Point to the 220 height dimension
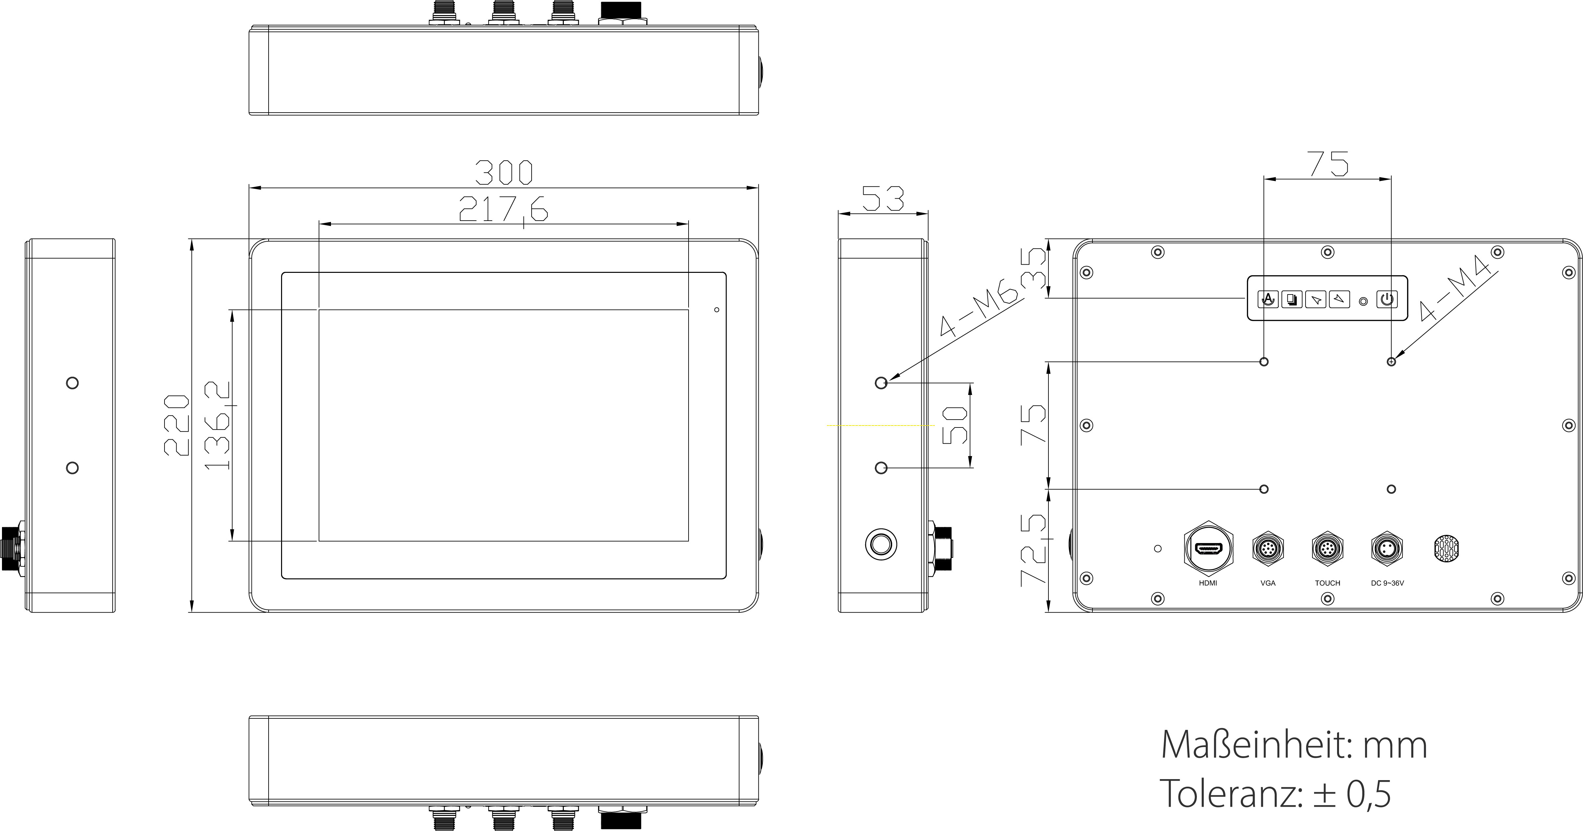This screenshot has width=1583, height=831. point(176,425)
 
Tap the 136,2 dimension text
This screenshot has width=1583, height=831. point(218,425)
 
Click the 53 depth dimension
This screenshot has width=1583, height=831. point(883,199)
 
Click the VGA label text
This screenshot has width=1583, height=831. point(1268,583)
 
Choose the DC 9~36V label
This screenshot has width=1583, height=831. point(1388,583)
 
